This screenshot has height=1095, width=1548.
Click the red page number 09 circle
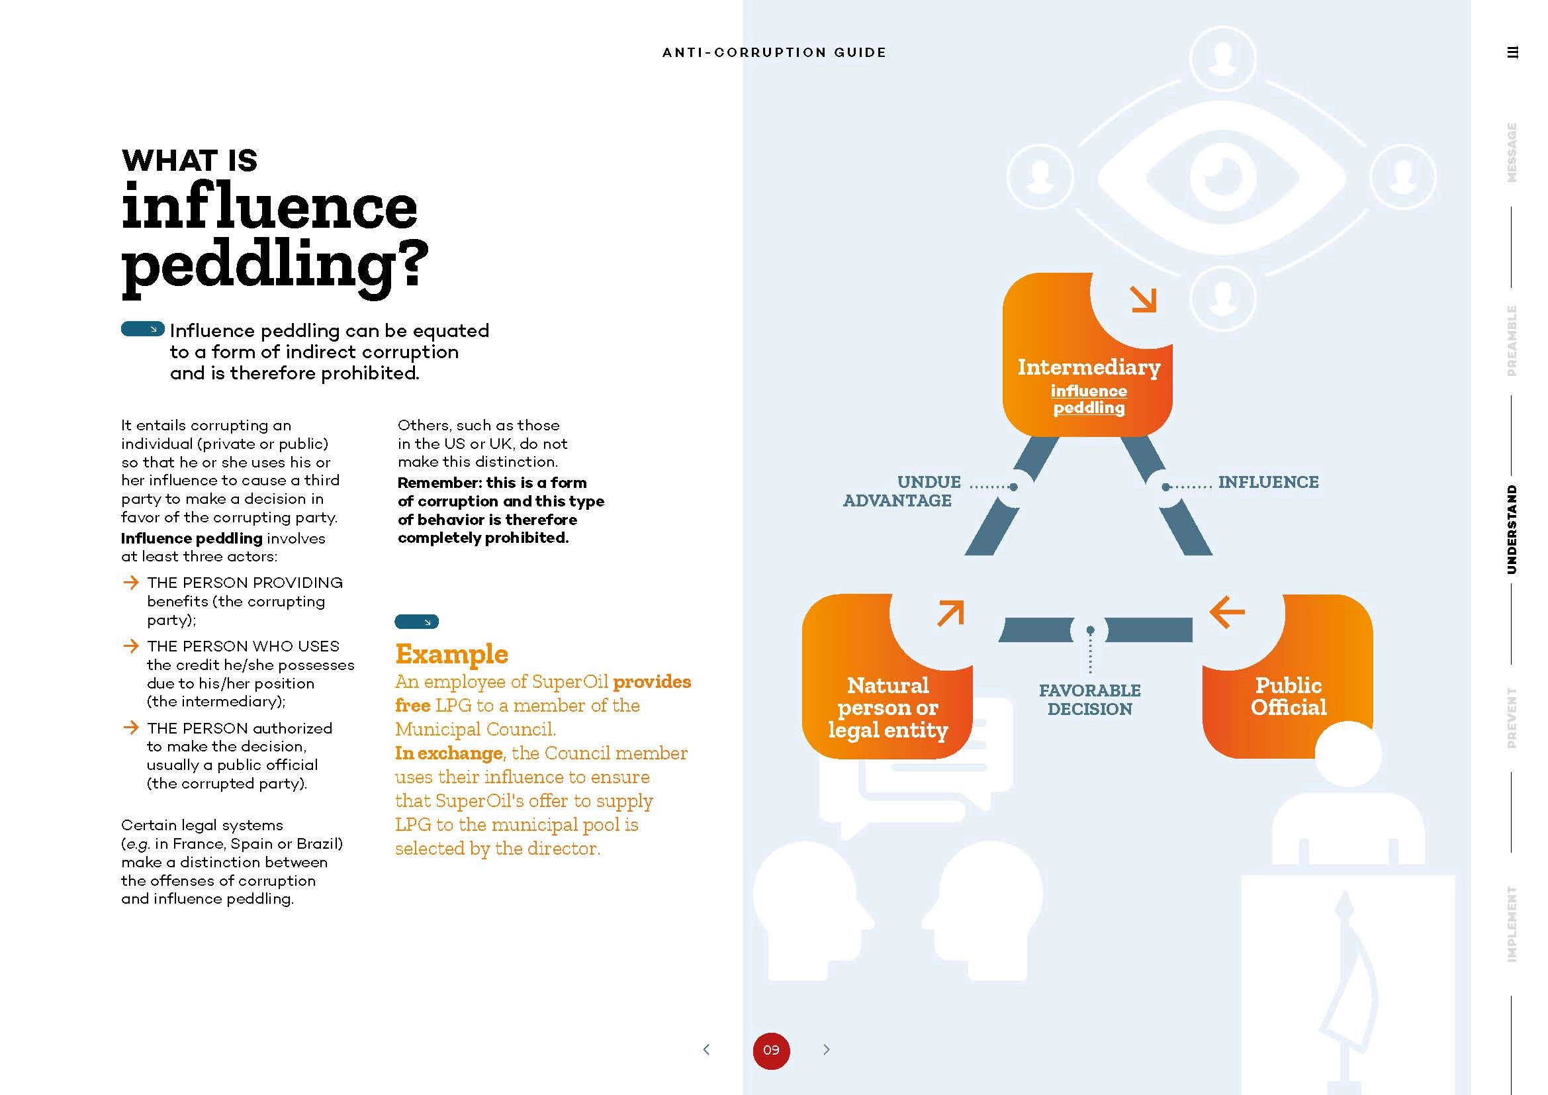coord(770,1050)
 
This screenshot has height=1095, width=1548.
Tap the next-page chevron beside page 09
coord(827,1049)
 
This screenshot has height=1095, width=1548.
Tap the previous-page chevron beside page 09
coord(706,1049)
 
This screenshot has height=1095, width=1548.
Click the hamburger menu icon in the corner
coord(1512,52)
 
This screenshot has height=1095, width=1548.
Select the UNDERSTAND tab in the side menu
coord(1512,530)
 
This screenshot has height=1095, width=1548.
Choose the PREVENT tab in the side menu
coord(1512,718)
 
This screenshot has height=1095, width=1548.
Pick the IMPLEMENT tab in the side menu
coord(1512,924)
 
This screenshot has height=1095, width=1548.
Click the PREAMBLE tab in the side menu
coord(1512,340)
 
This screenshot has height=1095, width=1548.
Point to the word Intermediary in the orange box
coord(1089,367)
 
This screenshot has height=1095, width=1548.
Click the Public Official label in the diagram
coord(1289,696)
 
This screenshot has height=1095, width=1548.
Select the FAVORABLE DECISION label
coord(1089,699)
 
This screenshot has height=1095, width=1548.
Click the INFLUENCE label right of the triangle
coord(1268,482)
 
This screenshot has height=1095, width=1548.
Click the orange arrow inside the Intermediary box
coord(1144,299)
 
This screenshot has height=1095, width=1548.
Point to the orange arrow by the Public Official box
coord(1227,612)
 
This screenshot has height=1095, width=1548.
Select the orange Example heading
coord(452,654)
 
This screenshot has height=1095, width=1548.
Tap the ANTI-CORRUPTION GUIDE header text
coord(774,52)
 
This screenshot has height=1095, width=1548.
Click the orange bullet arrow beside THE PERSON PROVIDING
coord(131,582)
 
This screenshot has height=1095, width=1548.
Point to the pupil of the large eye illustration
coord(1222,177)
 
